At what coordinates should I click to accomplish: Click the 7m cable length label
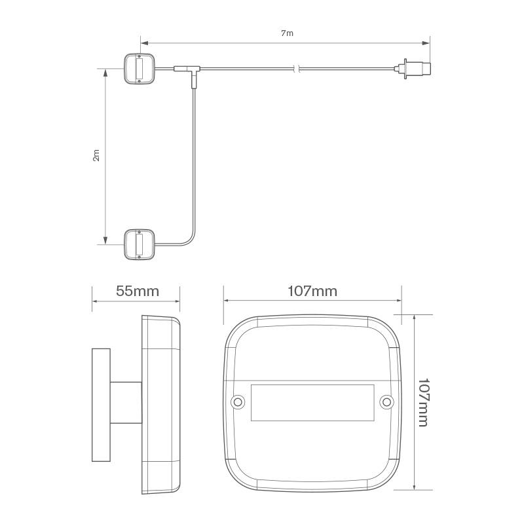[286, 32]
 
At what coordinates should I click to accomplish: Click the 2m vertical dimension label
[96, 155]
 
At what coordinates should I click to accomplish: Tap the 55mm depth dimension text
[138, 291]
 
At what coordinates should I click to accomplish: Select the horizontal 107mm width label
[312, 291]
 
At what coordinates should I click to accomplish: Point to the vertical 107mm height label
[423, 402]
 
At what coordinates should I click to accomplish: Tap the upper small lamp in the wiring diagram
[139, 67]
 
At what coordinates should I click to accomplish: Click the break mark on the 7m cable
[297, 67]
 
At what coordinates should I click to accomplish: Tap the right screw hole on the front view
[386, 402]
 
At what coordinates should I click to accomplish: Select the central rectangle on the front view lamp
[312, 402]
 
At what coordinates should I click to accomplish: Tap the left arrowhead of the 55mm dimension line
[94, 302]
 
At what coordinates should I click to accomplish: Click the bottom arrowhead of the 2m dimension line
[105, 240]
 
